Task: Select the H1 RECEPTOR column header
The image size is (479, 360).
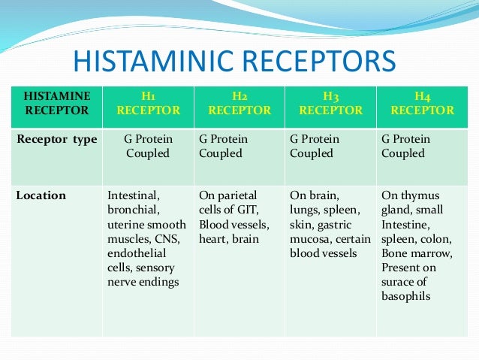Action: pyautogui.click(x=148, y=103)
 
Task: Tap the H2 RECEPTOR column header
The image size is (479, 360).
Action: pyautogui.click(x=239, y=103)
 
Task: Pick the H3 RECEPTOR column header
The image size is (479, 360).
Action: pyautogui.click(x=330, y=103)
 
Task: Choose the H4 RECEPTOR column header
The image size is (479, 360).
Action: pyautogui.click(x=422, y=103)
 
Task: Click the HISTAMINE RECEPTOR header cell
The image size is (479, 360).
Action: pyautogui.click(x=57, y=103)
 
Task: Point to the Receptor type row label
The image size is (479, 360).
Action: pyautogui.click(x=57, y=139)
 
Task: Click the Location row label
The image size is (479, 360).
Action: pyautogui.click(x=41, y=195)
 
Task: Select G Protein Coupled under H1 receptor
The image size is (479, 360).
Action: pyautogui.click(x=147, y=147)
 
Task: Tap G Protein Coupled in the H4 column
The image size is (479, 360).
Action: pyautogui.click(x=405, y=147)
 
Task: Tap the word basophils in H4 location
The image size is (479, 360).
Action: pyautogui.click(x=405, y=296)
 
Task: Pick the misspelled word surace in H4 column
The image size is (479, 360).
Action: pyautogui.click(x=398, y=282)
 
